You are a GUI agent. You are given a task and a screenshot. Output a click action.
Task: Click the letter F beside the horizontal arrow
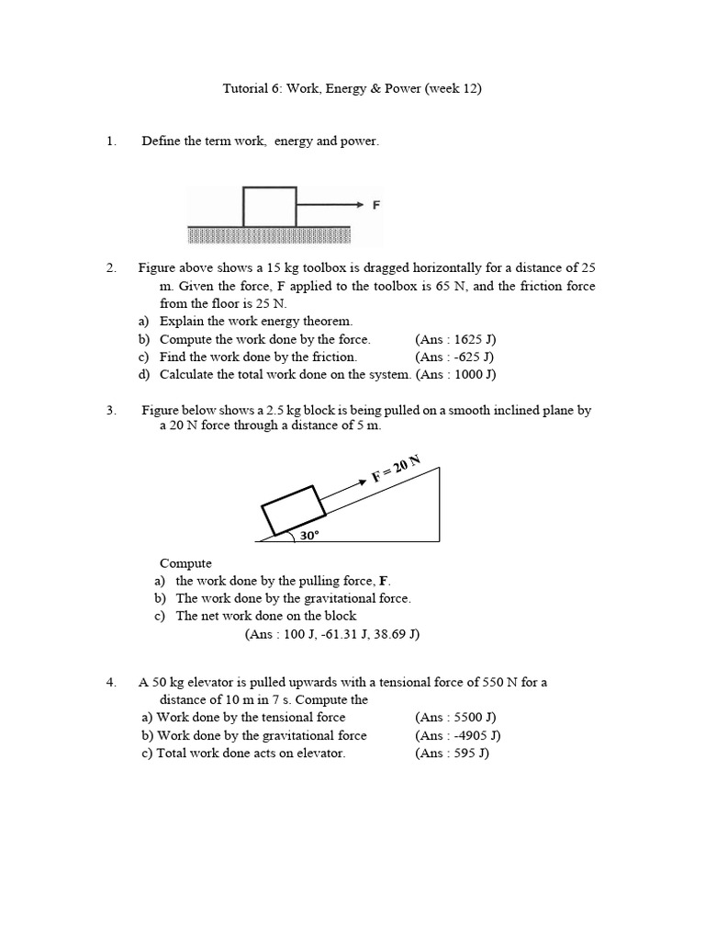(375, 206)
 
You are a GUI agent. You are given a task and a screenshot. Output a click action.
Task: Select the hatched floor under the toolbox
(269, 235)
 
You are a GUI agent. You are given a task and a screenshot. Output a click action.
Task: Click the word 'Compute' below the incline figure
(185, 563)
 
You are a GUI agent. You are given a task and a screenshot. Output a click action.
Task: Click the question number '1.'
(112, 141)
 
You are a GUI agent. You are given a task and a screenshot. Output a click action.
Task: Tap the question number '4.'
(112, 682)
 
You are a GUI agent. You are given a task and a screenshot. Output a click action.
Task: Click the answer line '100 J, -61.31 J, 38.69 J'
(331, 634)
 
